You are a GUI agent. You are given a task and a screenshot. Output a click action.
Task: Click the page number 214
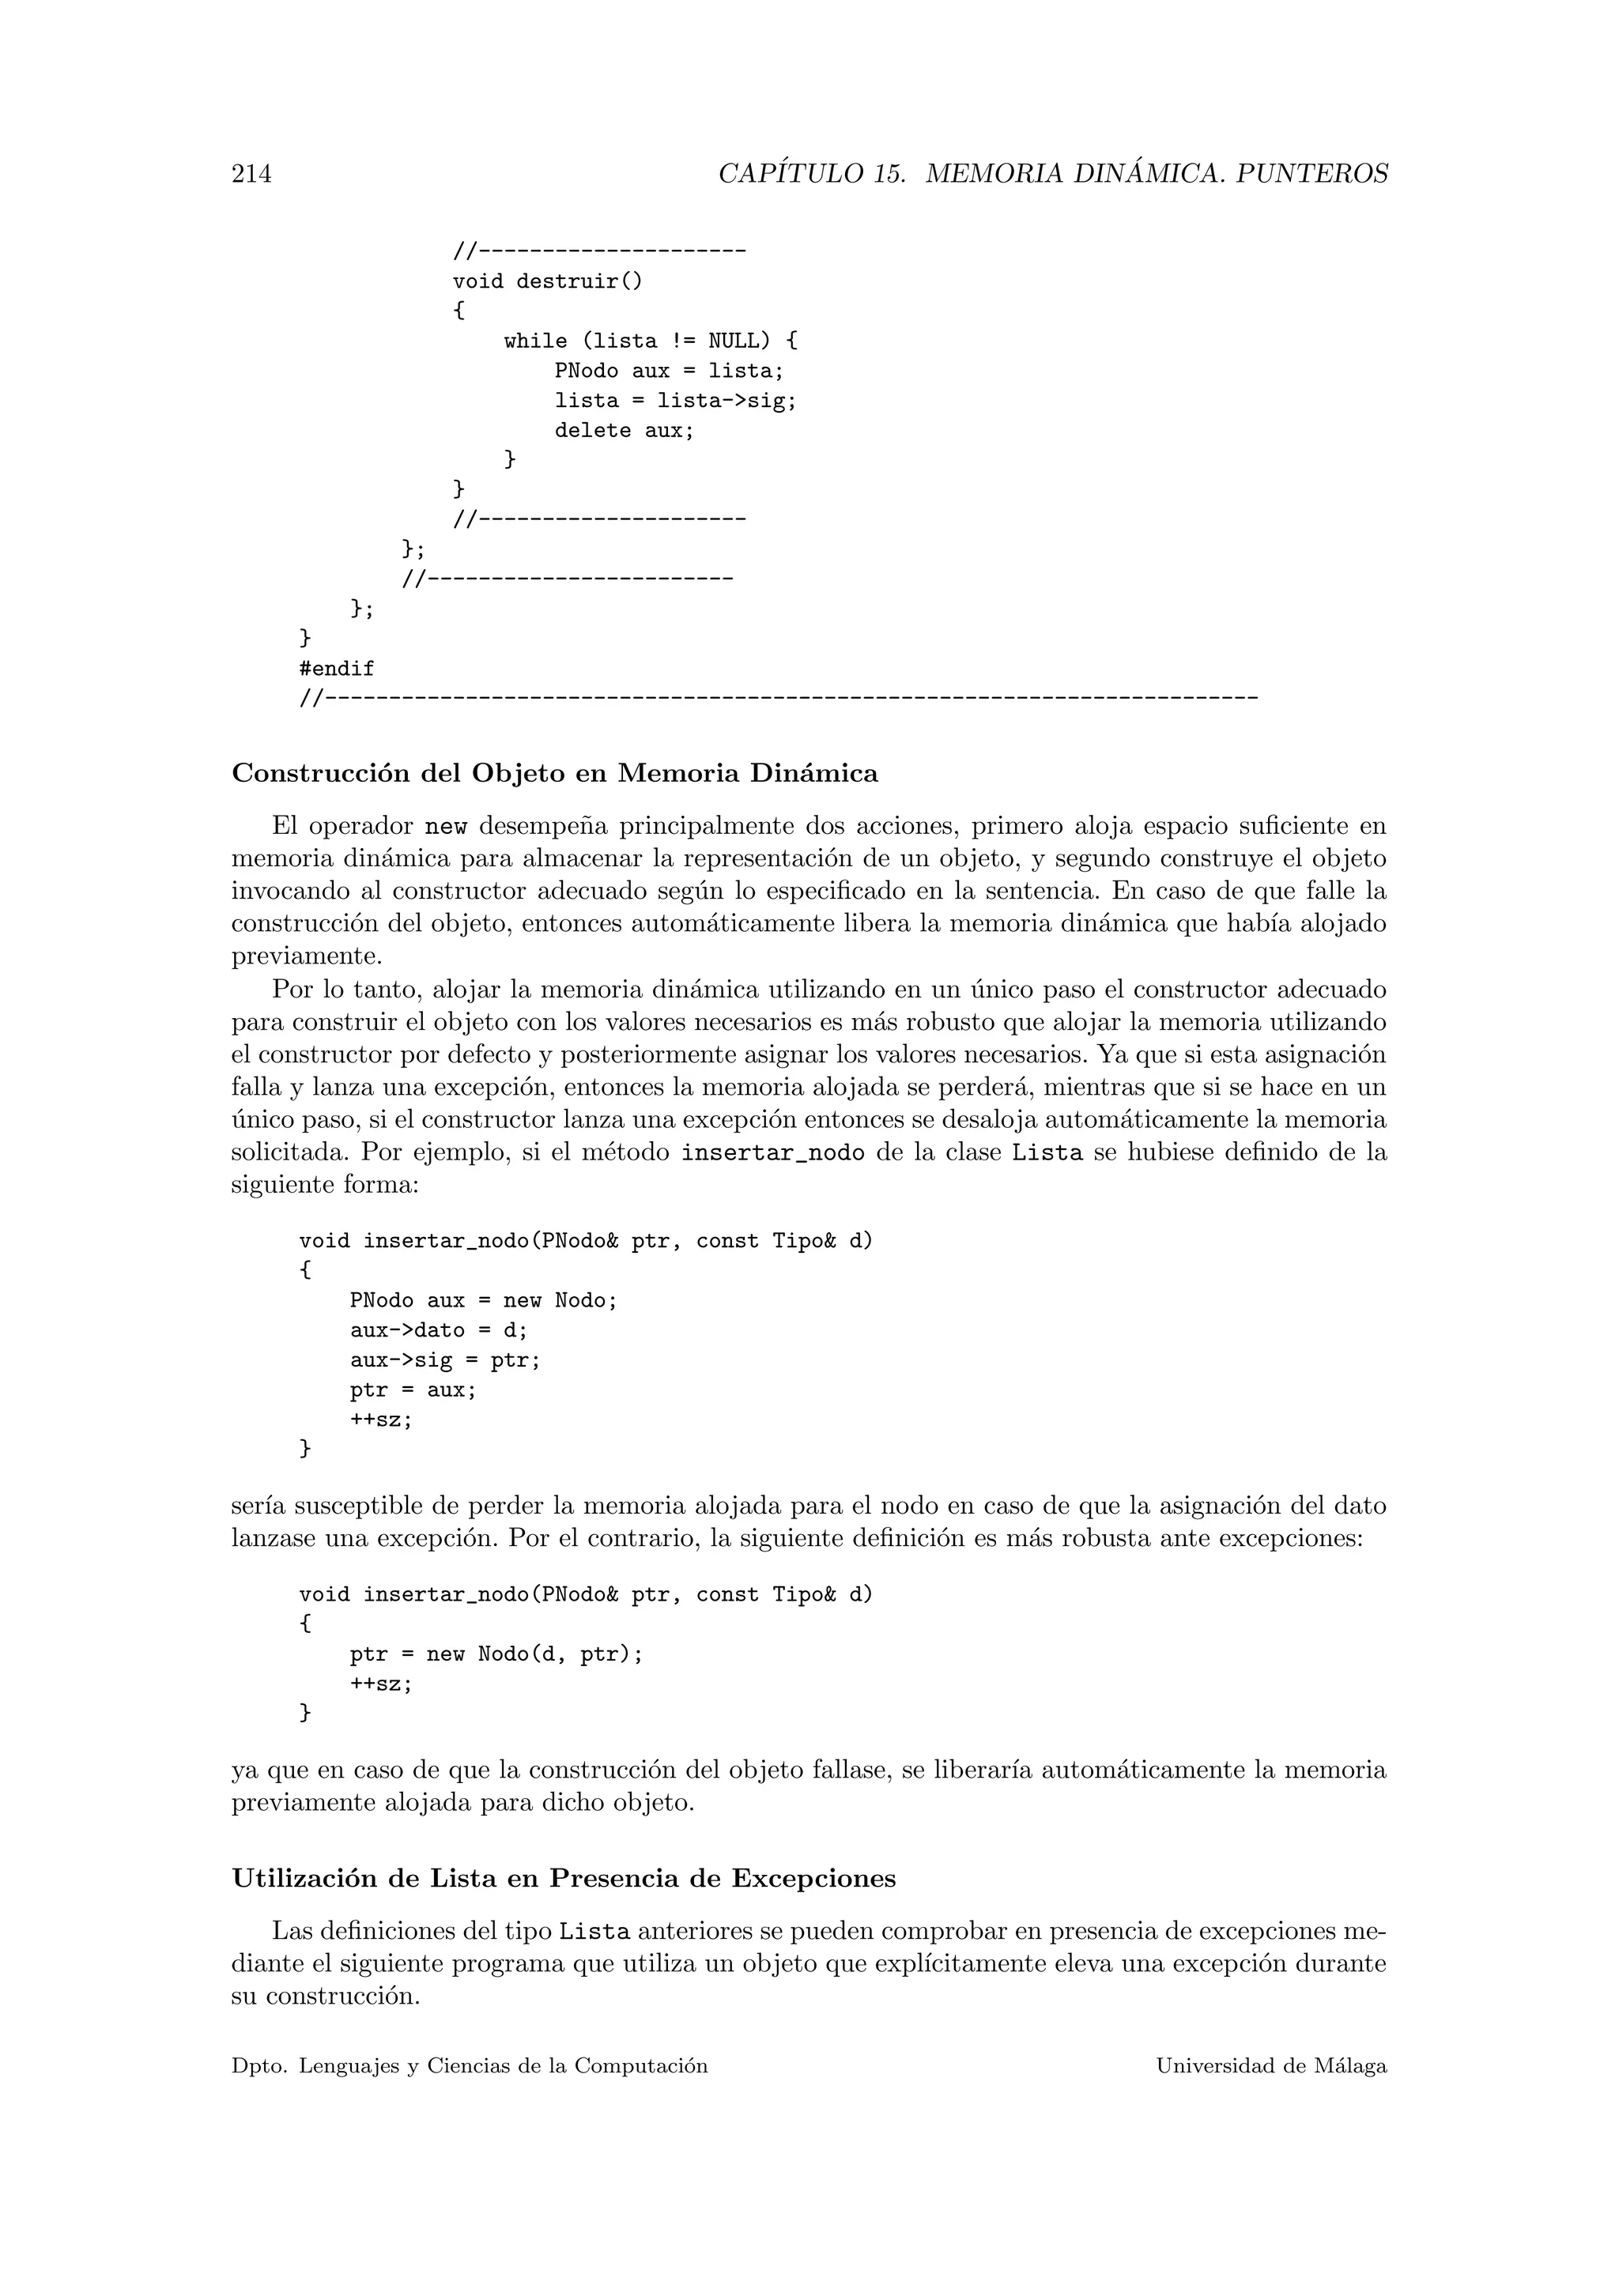click(x=251, y=175)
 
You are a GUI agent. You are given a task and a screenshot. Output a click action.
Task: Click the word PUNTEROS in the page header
click(x=1312, y=175)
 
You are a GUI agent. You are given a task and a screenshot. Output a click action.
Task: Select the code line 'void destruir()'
click(x=547, y=281)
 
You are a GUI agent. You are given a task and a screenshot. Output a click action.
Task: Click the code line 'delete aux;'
click(x=623, y=431)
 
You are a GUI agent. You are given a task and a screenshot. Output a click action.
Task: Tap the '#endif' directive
click(x=337, y=669)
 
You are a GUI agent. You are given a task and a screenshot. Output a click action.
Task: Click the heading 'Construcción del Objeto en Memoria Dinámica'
click(x=554, y=774)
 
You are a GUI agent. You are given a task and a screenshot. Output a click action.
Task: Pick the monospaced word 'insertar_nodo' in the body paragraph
click(x=772, y=1153)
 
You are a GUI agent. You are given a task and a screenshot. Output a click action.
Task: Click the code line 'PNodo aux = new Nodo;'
click(x=484, y=1301)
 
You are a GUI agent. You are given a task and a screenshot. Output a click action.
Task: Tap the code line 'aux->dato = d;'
click(x=439, y=1331)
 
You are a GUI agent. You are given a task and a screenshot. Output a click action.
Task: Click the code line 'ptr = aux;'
click(x=413, y=1390)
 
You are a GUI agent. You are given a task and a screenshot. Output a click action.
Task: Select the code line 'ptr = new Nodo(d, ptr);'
click(x=496, y=1654)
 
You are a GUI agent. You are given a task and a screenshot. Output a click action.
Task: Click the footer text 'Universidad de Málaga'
click(x=1271, y=2067)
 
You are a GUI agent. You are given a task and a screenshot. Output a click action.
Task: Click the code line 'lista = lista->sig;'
click(x=676, y=401)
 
